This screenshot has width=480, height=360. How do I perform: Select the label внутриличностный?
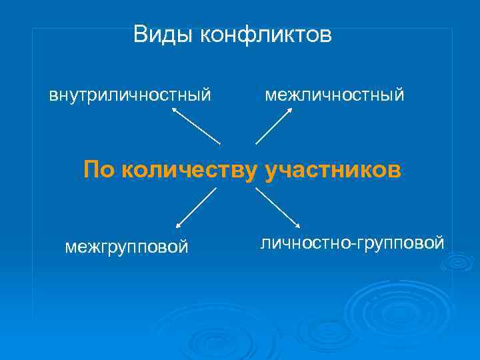coord(130,95)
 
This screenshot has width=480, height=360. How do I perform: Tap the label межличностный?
coord(334,95)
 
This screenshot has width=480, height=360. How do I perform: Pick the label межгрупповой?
coord(127,247)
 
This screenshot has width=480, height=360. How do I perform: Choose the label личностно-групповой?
coord(352,243)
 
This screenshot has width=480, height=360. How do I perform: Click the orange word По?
coord(99,170)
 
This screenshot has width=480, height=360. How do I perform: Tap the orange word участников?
coord(333,170)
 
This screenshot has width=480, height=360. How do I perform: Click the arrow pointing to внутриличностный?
coord(196,126)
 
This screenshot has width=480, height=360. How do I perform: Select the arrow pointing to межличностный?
coord(274,126)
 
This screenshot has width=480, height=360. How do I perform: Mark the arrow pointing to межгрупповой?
coord(196,209)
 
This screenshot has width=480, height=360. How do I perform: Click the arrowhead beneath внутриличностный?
coord(175,111)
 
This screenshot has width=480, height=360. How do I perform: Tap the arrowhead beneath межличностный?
coord(289,111)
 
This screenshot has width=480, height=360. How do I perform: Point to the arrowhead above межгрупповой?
coord(178,227)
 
